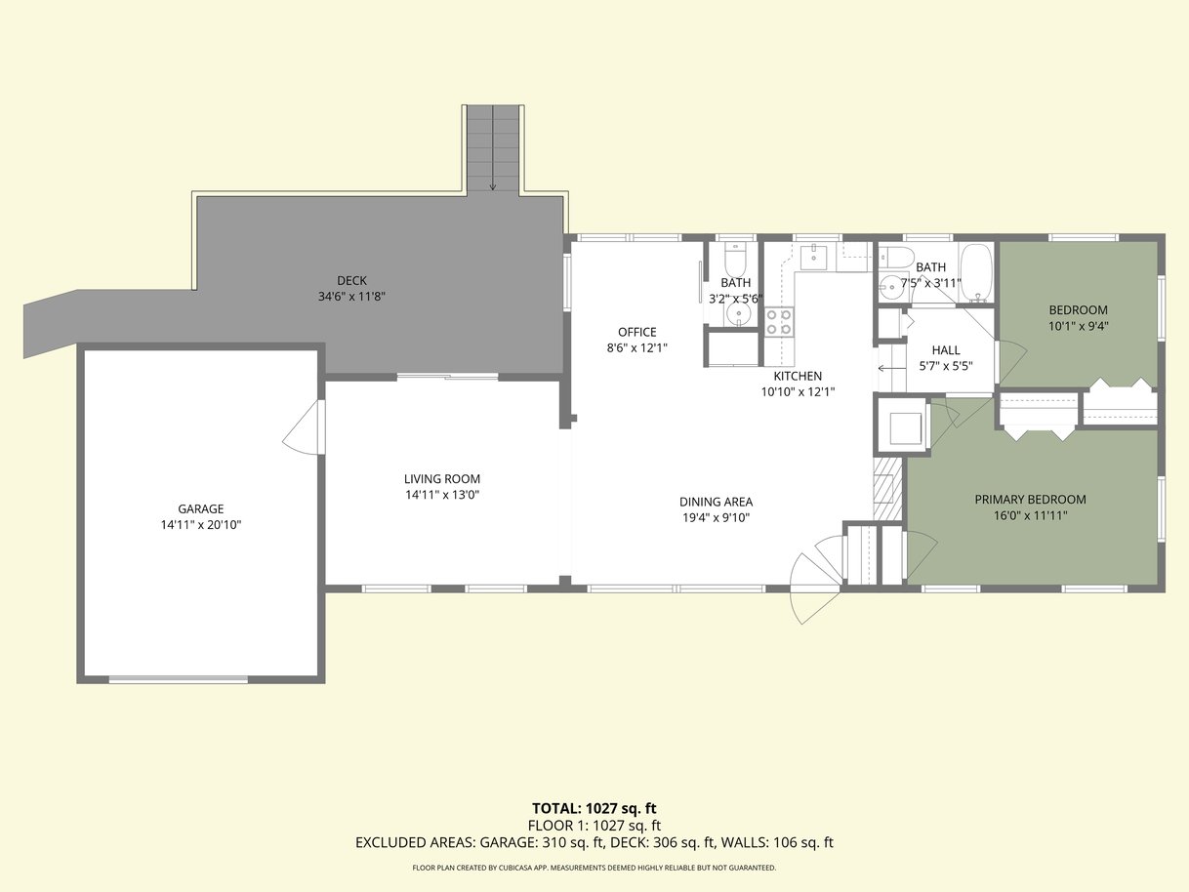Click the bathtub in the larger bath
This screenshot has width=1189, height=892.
[x=976, y=272]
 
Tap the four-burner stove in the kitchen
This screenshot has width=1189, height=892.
[x=779, y=322]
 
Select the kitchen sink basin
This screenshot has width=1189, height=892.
[x=813, y=257]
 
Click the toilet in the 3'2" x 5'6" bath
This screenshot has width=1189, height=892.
[x=736, y=260]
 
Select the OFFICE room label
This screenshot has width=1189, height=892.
[x=637, y=332]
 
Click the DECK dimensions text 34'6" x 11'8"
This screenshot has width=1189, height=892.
[x=351, y=297]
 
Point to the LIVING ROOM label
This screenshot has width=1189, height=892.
[x=442, y=479]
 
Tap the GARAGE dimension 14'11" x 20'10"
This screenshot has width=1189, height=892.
[x=201, y=524]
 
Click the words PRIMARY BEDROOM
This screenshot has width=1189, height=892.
[x=1030, y=500]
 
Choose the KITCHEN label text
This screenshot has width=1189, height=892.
[x=798, y=376]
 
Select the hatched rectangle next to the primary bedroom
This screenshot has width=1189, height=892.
[x=887, y=489]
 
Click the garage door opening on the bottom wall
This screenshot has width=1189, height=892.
[x=179, y=679]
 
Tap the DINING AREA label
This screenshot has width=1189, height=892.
[x=717, y=502]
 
